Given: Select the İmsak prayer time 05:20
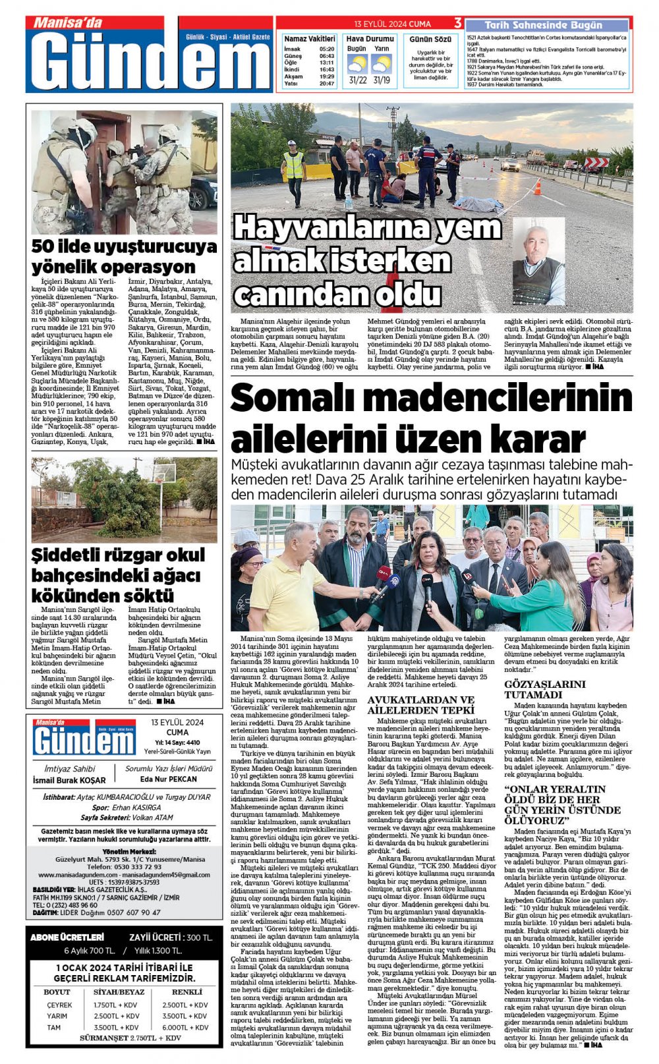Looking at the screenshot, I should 327,49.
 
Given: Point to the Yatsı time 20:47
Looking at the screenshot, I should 327,84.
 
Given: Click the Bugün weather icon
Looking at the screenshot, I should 357,64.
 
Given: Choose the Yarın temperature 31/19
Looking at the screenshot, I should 382,80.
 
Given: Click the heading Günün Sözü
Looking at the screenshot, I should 430,40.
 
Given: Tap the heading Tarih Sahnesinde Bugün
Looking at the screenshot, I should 543,25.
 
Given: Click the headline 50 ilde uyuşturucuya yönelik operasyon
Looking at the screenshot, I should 124,256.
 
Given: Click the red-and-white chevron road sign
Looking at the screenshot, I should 596,162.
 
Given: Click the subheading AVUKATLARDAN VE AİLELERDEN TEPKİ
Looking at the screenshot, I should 420,704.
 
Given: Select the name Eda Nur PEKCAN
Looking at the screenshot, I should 169,779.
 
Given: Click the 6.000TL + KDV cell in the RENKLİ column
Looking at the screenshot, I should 185,1027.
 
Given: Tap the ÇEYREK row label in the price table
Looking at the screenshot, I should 59,1005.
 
